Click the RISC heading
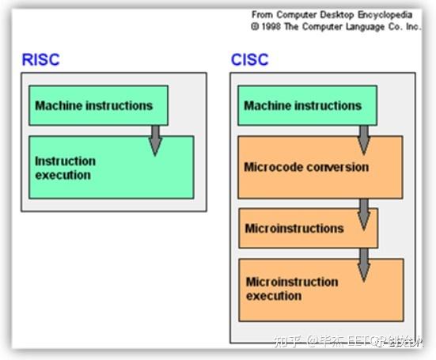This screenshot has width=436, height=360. (x=40, y=60)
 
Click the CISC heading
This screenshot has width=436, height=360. (x=249, y=60)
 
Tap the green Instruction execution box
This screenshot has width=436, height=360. (x=111, y=168)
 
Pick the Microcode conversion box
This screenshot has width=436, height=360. (x=320, y=167)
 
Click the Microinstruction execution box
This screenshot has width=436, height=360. (x=320, y=289)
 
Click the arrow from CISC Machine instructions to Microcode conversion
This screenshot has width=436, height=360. (x=363, y=138)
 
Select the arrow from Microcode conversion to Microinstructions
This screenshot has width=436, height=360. (x=363, y=212)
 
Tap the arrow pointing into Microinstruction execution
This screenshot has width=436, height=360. (x=363, y=263)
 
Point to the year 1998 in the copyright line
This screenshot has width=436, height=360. (x=273, y=25)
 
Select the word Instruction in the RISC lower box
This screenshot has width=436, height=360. (x=65, y=161)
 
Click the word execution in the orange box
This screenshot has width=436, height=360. (x=274, y=296)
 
